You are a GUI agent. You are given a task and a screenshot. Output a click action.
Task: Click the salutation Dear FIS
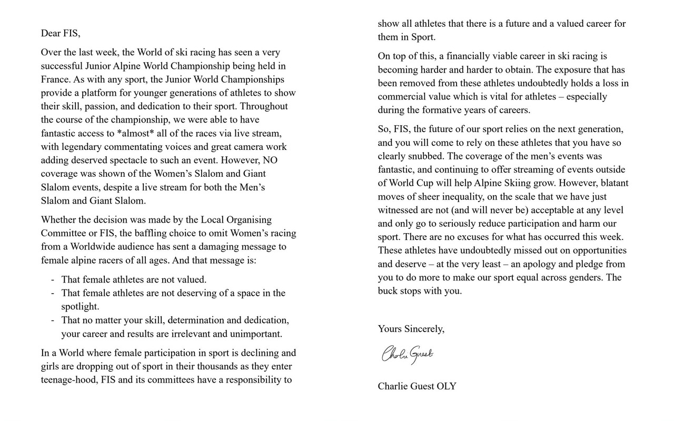61,33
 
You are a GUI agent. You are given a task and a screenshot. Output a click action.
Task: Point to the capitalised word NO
271,160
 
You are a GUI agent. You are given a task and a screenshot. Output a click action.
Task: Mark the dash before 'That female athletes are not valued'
53,280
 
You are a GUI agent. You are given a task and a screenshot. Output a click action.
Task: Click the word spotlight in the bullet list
80,306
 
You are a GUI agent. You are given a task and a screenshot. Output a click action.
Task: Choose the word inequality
480,197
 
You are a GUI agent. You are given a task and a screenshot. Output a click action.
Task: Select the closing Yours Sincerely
411,329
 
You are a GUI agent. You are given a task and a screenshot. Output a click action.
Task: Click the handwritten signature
407,354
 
